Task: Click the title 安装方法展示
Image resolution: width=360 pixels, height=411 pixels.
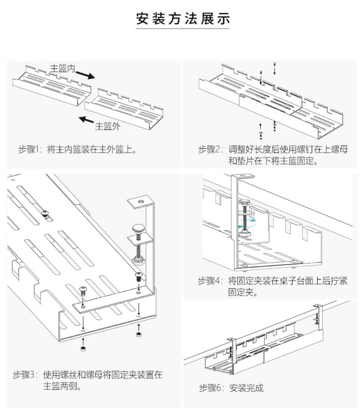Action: pos(183,18)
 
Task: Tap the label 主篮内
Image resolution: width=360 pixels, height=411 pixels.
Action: pos(62,68)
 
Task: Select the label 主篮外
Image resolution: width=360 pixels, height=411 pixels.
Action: pos(108,126)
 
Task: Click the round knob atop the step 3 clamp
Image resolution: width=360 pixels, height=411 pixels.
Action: pos(139,228)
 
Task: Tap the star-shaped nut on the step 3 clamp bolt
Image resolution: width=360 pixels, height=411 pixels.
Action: pos(138,260)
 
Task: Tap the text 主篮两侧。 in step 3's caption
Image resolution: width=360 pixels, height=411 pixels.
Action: pos(62,387)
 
